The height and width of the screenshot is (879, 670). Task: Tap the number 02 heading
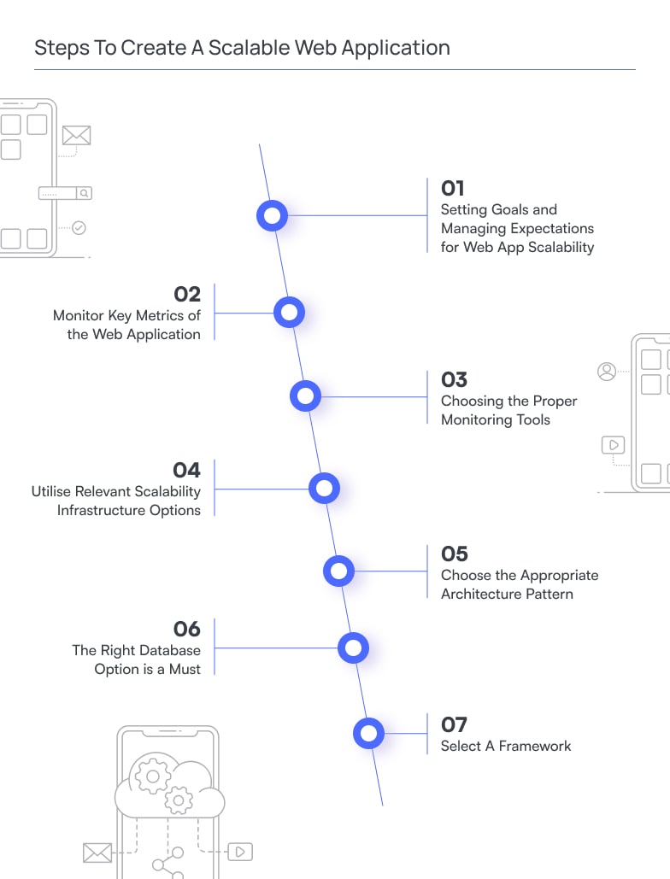pyautogui.click(x=187, y=294)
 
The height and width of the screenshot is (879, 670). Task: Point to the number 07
pyautogui.click(x=454, y=724)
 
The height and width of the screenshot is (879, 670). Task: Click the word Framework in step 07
pyautogui.click(x=535, y=746)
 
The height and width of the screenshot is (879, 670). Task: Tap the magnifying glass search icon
pyautogui.click(x=84, y=193)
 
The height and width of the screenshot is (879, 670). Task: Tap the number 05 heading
pyautogui.click(x=455, y=554)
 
